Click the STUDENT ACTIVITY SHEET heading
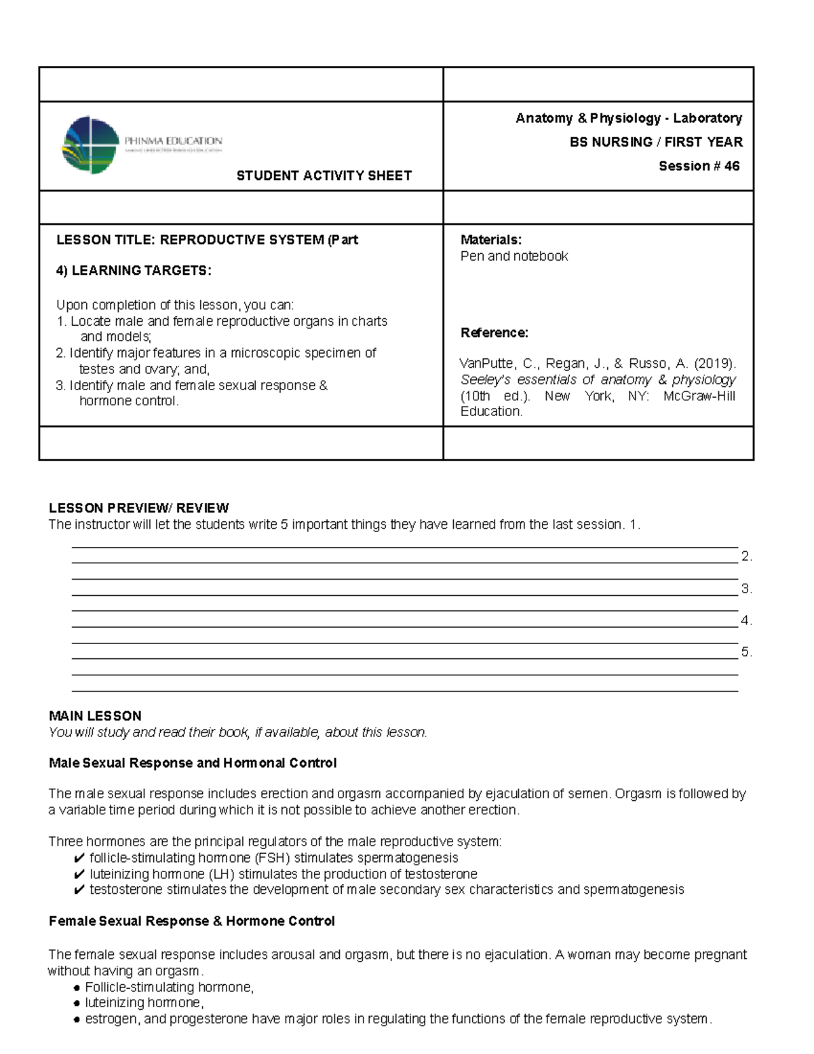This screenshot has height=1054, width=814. (324, 176)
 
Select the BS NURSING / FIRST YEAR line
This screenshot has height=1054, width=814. (655, 143)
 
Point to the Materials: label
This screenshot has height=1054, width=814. (490, 240)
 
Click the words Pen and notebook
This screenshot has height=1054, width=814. (513, 257)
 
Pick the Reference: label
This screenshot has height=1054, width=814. (494, 333)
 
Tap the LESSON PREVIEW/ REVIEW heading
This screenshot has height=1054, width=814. (138, 508)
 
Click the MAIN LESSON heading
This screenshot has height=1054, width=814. (95, 716)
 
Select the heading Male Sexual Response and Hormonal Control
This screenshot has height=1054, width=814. (193, 764)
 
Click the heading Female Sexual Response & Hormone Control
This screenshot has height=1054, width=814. (191, 922)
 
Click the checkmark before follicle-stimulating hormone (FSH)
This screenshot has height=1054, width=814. (79, 859)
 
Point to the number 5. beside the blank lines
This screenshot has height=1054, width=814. (746, 652)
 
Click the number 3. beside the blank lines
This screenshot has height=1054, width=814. (746, 589)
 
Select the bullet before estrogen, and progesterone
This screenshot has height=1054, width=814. (77, 1019)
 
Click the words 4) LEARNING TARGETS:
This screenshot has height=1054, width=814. (134, 271)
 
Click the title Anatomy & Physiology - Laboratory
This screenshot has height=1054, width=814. (628, 119)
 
